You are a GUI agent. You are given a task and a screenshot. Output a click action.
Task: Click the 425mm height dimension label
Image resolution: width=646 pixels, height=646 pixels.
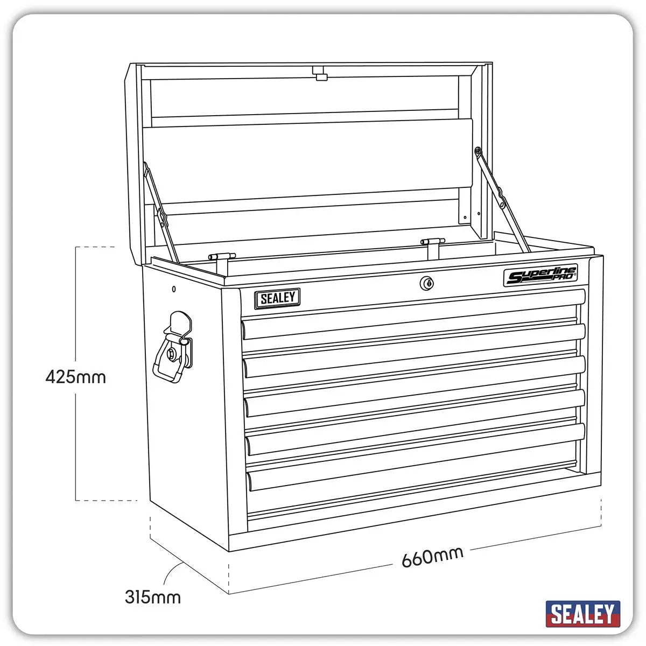pos(76,377)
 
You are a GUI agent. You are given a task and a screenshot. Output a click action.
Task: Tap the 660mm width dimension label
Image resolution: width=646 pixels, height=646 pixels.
pos(432,557)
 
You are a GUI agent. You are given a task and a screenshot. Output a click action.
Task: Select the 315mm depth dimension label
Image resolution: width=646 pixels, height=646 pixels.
pos(153,597)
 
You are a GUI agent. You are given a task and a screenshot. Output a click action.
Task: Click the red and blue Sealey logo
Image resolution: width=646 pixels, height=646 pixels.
pos(582,614)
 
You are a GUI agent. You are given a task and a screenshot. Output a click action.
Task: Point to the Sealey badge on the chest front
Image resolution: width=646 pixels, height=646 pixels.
pos(277,298)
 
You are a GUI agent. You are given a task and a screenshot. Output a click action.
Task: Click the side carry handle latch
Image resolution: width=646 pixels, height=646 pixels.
pos(173,347)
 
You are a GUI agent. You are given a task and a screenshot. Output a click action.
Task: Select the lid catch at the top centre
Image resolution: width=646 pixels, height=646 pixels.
pos(321,73)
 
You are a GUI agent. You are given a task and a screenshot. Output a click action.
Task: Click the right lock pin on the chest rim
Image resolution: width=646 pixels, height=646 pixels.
pos(432,243)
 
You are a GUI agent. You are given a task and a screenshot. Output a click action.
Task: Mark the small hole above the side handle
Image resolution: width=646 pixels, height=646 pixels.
pos(173,289)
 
